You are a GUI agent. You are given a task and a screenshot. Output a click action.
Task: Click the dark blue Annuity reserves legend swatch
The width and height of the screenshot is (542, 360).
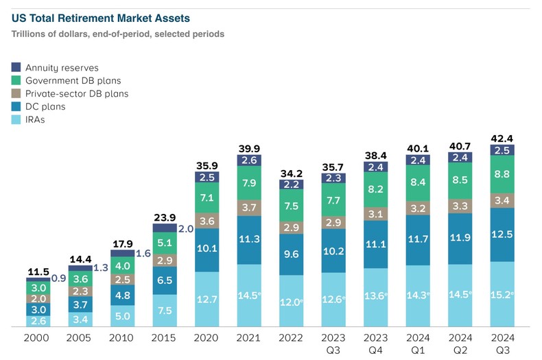tap(16, 68)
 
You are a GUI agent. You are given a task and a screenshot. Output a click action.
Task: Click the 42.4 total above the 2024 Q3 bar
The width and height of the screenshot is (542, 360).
tap(502, 136)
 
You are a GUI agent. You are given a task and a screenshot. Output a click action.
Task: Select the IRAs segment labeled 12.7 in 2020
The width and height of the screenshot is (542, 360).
tap(206, 299)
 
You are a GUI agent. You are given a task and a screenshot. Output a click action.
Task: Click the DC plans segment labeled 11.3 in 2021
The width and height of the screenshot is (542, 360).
tap(248, 240)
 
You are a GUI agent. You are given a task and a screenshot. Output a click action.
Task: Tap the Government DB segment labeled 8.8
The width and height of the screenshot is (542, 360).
tap(502, 174)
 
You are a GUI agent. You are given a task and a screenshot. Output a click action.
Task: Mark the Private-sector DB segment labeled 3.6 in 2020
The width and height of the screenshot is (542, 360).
tap(206, 220)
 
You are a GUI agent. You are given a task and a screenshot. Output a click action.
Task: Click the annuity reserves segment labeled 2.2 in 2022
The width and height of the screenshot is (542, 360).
tap(290, 184)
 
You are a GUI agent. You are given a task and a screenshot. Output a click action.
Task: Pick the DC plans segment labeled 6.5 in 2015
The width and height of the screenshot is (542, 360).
tap(164, 280)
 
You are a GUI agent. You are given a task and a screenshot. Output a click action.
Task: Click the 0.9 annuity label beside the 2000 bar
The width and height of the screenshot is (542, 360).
tap(58, 278)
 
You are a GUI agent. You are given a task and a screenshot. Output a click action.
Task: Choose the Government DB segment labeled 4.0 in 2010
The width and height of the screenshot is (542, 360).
tap(121, 265)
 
